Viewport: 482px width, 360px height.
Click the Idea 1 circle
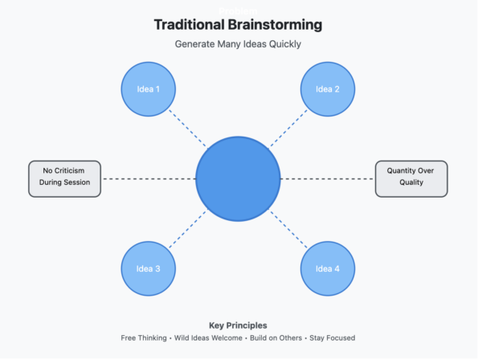click(x=148, y=89)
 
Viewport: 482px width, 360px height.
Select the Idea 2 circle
click(x=328, y=89)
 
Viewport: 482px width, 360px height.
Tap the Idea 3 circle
click(x=148, y=268)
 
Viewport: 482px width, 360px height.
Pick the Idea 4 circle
click(x=328, y=268)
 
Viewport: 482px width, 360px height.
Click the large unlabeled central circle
click(x=238, y=178)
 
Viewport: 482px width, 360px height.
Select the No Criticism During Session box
click(x=65, y=178)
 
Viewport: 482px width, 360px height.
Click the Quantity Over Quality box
click(x=411, y=178)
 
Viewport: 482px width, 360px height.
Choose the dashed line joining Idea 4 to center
click(x=288, y=228)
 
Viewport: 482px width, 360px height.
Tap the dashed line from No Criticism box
click(x=149, y=178)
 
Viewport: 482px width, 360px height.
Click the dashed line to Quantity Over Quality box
click(x=327, y=178)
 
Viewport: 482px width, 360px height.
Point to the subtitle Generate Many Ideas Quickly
click(x=238, y=44)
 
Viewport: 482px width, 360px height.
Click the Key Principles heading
click(x=238, y=325)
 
